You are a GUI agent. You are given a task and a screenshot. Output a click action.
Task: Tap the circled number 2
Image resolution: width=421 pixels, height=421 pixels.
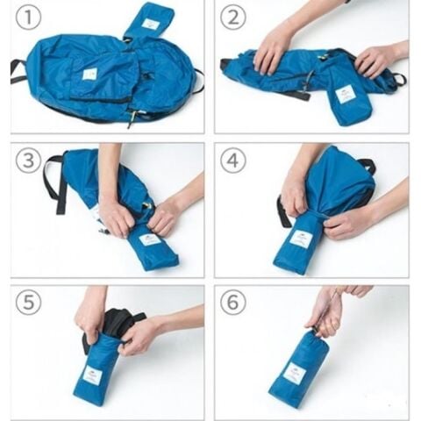click(232, 18)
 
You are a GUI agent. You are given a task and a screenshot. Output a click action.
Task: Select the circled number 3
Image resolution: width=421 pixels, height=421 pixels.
click(28, 161)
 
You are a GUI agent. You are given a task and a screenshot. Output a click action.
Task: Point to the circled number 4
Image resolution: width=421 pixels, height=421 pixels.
click(232, 161)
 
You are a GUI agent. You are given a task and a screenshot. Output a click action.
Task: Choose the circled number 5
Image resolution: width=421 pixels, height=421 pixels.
click(28, 303)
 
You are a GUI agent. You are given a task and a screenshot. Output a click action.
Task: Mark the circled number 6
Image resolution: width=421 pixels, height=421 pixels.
click(232, 303)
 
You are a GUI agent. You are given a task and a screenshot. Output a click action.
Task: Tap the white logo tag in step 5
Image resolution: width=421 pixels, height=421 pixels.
click(92, 375)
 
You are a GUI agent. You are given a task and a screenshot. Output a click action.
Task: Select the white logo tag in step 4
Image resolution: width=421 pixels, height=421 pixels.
click(301, 239)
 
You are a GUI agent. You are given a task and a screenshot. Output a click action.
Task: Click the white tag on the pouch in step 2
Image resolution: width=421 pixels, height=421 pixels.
click(346, 96)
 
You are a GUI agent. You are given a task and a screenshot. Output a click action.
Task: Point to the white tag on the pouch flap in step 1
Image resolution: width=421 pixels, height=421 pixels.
click(151, 24)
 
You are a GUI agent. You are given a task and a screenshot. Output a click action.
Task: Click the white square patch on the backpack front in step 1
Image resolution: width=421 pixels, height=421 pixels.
click(89, 74)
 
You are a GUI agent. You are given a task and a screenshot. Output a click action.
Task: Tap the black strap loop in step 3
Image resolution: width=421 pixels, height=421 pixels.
click(54, 182)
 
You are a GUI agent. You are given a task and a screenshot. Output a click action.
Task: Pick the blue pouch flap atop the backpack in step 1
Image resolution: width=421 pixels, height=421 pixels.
click(149, 22)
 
